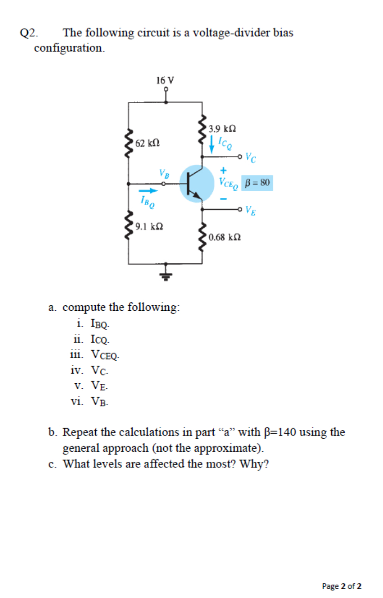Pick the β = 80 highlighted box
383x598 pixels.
(257, 182)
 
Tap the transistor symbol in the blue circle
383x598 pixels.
(194, 183)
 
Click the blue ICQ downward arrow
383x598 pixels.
(212, 144)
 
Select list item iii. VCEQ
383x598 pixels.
(94, 355)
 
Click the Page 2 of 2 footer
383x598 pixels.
(342, 586)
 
